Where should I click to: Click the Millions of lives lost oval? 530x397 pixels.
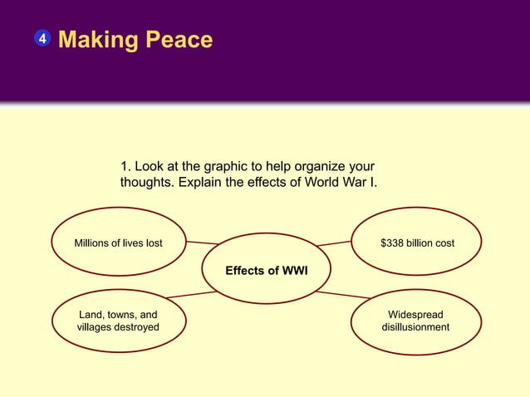pos(118,243)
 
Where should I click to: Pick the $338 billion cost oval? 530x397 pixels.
pos(417,243)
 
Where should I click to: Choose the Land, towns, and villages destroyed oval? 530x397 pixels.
pos(118,321)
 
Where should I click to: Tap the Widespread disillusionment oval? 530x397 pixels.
pos(415,321)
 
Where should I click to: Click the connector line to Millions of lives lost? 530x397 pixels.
pos(202,243)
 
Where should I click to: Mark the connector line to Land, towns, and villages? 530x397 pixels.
pos(191,294)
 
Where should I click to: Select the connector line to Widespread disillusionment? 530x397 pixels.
pos(342,294)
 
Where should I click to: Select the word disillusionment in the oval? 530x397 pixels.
pos(415,327)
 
